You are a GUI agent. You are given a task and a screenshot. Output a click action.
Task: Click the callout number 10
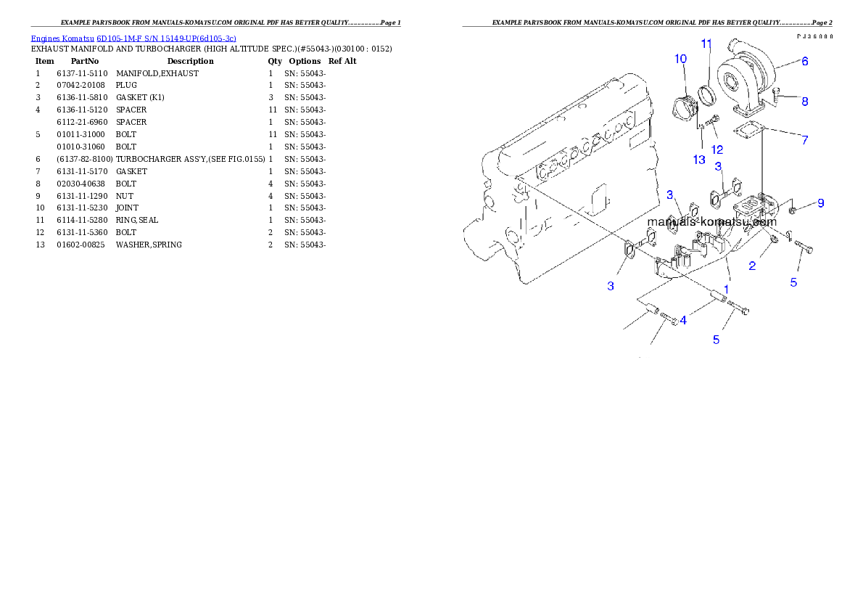click(680, 59)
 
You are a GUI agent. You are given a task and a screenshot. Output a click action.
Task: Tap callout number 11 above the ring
click(706, 44)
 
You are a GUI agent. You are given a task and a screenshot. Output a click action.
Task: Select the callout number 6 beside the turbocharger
click(805, 62)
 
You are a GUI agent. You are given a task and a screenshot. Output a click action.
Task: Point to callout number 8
click(805, 102)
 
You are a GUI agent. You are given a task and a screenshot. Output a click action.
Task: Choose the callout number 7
click(805, 140)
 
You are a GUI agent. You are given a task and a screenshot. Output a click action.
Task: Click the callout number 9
click(820, 203)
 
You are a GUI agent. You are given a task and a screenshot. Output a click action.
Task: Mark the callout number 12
click(717, 149)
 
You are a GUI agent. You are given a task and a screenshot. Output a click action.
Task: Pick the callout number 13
click(699, 160)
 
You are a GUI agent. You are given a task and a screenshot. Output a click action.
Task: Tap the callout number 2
click(752, 266)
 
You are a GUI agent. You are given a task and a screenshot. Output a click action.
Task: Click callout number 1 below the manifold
click(726, 289)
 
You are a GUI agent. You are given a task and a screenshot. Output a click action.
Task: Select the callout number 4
click(683, 319)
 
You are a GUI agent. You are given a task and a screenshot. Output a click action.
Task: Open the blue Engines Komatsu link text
click(133, 38)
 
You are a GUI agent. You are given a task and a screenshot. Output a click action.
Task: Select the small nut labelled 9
click(793, 209)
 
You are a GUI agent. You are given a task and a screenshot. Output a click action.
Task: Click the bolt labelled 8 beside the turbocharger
click(777, 93)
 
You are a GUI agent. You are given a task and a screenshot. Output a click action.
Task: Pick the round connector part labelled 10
click(685, 111)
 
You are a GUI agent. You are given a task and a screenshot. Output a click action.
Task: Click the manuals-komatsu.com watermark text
click(711, 221)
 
